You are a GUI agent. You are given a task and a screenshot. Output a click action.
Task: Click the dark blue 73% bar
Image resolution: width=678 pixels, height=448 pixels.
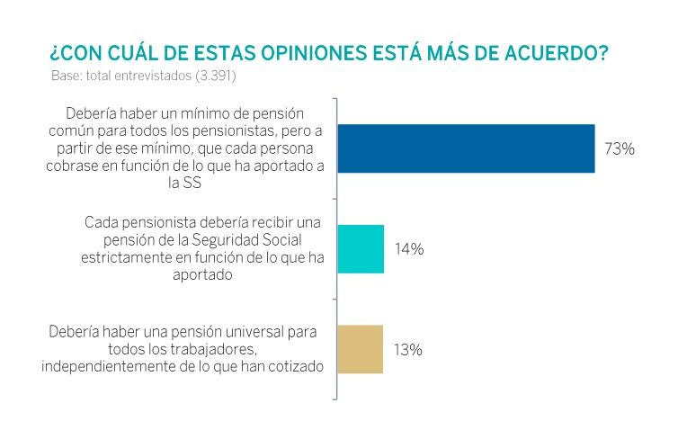tap(466, 148)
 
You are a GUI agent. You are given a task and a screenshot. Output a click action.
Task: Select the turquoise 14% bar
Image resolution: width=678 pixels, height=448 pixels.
tap(361, 249)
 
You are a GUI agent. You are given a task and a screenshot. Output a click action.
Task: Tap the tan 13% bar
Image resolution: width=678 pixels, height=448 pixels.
tap(361, 349)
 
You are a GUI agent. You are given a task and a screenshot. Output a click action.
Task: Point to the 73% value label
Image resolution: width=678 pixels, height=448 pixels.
tap(620, 149)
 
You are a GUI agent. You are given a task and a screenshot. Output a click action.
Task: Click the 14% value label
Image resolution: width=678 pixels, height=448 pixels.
tap(409, 249)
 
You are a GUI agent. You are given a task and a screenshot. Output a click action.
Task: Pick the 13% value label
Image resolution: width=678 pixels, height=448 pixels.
tap(408, 350)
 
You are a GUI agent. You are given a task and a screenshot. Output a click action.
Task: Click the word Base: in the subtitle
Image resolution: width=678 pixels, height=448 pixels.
tap(67, 76)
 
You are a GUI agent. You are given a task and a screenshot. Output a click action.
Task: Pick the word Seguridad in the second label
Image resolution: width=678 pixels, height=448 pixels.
tap(230, 237)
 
